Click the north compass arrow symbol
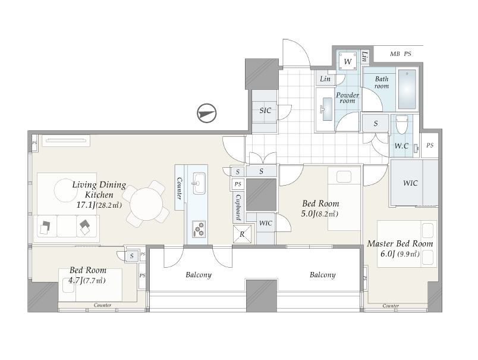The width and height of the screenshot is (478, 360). (207, 113)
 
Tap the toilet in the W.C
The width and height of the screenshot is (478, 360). (401, 124)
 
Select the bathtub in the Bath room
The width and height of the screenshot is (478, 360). (407, 89)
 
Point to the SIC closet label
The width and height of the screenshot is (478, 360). (265, 111)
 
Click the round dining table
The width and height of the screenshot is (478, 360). (146, 204)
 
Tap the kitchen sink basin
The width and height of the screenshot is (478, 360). (199, 183)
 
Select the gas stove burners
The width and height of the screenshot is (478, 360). (199, 229)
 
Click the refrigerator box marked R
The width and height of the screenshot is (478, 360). (242, 234)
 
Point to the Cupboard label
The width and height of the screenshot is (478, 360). (238, 207)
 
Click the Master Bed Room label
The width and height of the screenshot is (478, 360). (400, 243)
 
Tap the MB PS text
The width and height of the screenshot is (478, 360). (401, 54)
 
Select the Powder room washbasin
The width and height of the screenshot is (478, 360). (327, 109)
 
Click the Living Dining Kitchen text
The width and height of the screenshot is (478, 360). (99, 189)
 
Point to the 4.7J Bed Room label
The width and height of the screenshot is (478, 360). (87, 275)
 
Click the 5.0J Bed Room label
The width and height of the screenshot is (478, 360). (320, 208)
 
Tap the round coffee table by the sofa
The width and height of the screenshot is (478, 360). (66, 190)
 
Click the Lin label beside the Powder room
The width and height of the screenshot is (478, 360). (325, 79)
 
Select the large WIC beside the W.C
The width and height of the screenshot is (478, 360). (410, 183)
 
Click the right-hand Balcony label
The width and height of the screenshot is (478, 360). (322, 275)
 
